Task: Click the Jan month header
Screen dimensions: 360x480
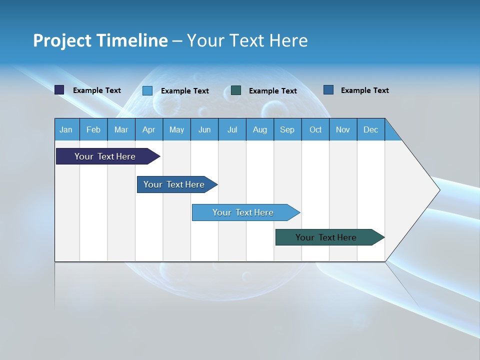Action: [66, 129]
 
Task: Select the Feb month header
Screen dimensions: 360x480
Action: [93, 129]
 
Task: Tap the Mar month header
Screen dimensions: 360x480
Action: [121, 129]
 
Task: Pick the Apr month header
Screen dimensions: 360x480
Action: [149, 129]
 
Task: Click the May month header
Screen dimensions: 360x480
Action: [176, 129]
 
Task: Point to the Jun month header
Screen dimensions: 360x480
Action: [204, 129]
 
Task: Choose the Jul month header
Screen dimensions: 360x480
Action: [232, 129]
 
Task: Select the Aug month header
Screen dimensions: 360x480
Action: [260, 129]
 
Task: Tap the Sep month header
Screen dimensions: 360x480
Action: [287, 129]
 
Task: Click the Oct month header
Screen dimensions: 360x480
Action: [315, 129]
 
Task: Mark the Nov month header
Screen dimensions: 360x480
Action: [343, 129]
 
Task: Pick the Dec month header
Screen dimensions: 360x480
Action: [371, 129]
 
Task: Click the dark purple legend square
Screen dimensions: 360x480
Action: [59, 90]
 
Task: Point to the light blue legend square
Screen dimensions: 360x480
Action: [147, 90]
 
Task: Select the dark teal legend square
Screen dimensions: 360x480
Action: [236, 90]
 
